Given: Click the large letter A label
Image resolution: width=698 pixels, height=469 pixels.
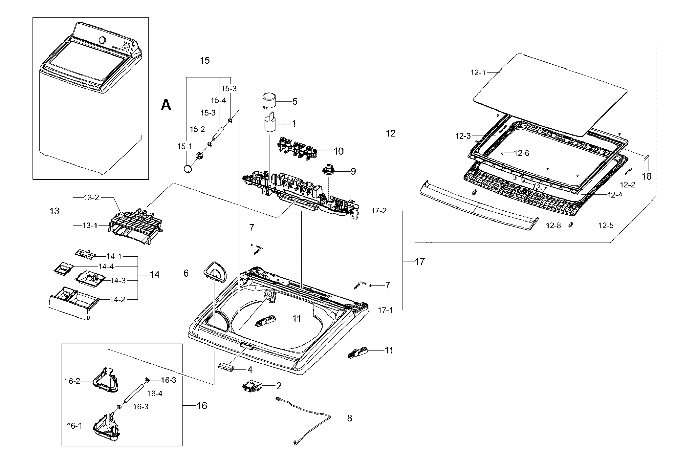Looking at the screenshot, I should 166,105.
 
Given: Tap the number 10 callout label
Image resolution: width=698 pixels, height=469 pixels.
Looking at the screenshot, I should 338,151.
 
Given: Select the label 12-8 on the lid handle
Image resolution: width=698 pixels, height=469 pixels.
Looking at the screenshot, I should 554,225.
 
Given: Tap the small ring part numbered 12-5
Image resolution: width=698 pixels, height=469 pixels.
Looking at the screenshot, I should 571,224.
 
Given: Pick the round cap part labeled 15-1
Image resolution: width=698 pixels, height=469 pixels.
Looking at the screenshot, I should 187,169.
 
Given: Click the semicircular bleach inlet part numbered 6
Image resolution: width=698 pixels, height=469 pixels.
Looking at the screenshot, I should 216,272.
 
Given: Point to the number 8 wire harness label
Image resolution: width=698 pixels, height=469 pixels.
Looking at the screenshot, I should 350,418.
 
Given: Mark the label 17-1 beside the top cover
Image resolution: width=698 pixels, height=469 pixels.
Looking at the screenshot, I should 385,310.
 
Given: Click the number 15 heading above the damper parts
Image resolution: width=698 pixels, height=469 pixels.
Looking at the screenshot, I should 205,61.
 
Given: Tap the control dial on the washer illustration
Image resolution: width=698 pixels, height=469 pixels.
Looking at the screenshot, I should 102,40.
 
